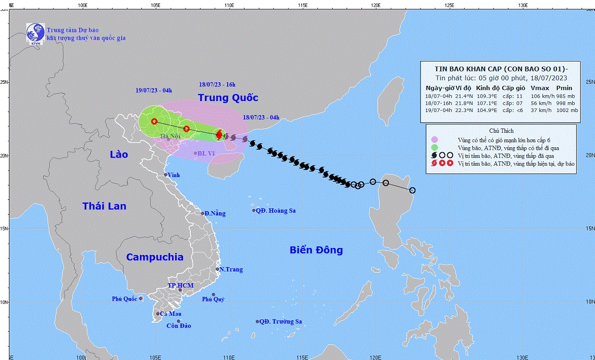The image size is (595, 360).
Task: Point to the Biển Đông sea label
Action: click(x=316, y=250)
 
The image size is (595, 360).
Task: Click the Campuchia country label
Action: click(x=155, y=257)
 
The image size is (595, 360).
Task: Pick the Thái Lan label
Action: click(x=104, y=206)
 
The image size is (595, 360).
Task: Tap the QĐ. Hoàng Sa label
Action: click(x=276, y=211)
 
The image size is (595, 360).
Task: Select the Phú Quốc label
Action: click(x=124, y=299)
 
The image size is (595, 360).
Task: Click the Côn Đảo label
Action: click(x=178, y=326)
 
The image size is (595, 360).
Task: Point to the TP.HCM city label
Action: click(x=180, y=286)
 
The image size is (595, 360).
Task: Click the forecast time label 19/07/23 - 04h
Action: click(x=154, y=90)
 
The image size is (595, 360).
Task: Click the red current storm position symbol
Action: click(x=219, y=134)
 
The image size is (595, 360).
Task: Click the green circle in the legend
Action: click(x=434, y=147)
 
